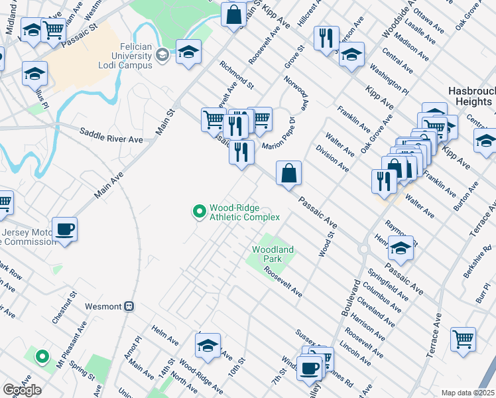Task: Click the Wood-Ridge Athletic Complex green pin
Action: point(198,212)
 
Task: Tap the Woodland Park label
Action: point(273,254)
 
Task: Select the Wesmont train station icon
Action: point(130,306)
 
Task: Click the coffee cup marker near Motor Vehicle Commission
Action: point(65,230)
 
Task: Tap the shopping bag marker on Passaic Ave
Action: point(288,174)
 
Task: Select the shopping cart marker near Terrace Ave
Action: point(463,338)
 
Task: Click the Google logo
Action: point(22,390)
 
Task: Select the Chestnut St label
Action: point(65,306)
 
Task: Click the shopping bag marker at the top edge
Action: point(233,14)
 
